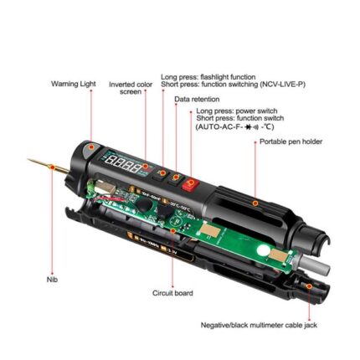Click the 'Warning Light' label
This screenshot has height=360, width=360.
coord(74,84)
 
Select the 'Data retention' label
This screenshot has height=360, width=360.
coord(198,99)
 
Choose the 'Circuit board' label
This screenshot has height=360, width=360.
coord(171,292)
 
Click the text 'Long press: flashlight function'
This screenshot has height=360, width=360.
coord(208,77)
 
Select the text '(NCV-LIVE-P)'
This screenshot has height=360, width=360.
coord(283,84)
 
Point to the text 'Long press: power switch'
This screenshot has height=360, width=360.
coord(229,111)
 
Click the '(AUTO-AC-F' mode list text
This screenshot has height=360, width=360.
coord(219,126)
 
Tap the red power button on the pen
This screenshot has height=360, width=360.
coord(190,183)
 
